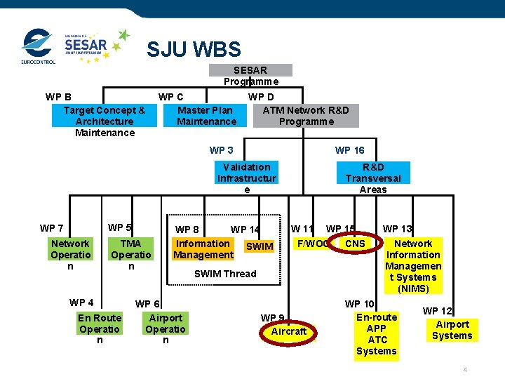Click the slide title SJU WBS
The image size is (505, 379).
tap(193, 50)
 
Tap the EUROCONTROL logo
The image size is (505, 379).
tap(37, 46)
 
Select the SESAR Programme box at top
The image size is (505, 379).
tap(250, 70)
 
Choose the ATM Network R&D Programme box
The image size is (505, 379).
tap(306, 115)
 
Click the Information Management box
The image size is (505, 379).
tap(203, 249)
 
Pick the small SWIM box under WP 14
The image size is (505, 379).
tap(260, 246)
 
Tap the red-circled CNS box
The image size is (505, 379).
tap(356, 244)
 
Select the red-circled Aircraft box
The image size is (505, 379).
tap(289, 331)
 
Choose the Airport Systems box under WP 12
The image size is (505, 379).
tap(452, 330)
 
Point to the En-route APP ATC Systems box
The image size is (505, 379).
tap(377, 334)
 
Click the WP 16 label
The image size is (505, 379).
tap(349, 150)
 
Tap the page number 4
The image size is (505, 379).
tap(465, 370)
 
